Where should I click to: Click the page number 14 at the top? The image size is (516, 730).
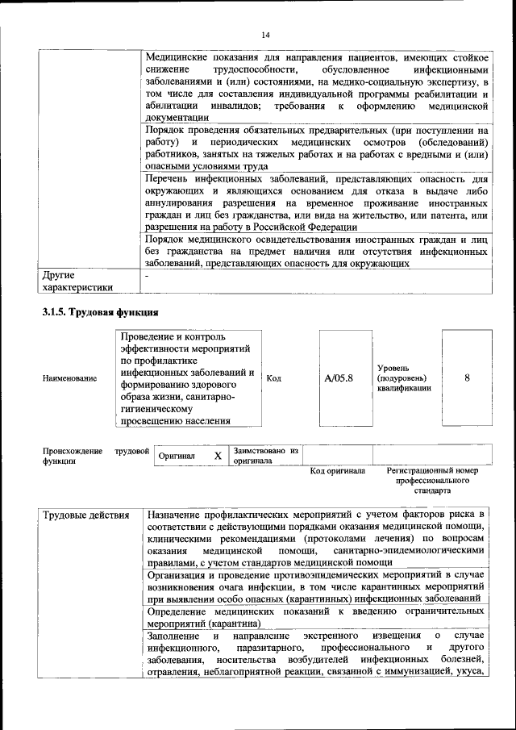(265, 34)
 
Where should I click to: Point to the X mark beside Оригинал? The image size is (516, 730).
(218, 456)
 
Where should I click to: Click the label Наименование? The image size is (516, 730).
(70, 378)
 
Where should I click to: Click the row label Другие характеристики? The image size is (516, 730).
(77, 282)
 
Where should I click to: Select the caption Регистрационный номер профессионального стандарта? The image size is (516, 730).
(432, 480)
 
